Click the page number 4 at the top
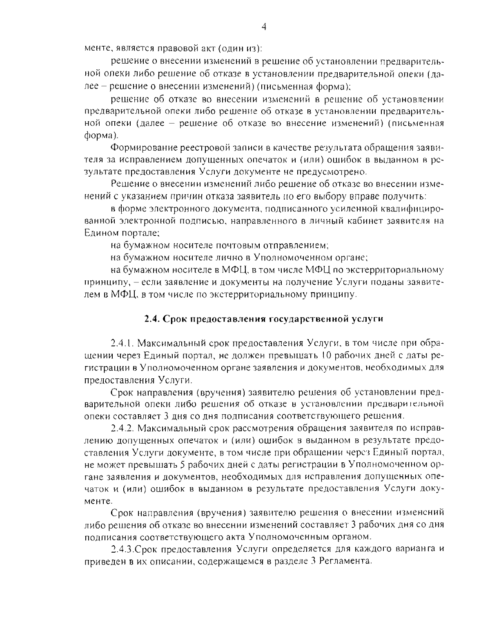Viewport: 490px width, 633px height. (x=263, y=27)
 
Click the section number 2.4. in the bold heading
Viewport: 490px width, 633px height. (x=153, y=319)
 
